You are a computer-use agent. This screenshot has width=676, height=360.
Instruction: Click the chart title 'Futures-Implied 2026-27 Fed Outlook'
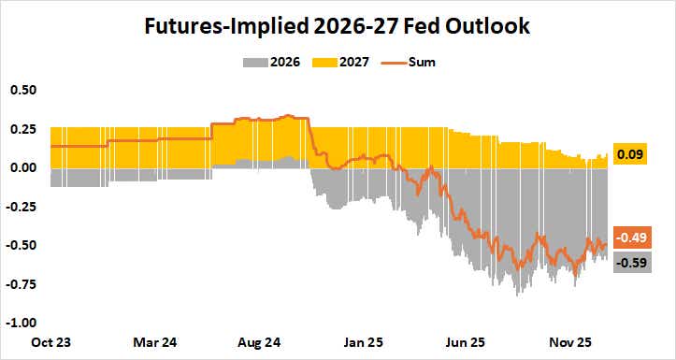tap(338, 26)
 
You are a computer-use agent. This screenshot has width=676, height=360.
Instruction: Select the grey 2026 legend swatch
tap(255, 63)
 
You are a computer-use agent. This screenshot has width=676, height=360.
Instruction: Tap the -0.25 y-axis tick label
tap(22, 207)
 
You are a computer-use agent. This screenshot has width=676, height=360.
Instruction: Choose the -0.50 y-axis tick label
tap(22, 245)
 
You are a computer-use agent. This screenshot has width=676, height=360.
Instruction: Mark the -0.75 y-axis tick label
tap(22, 284)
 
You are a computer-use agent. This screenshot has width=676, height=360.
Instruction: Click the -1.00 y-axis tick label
tap(22, 323)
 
